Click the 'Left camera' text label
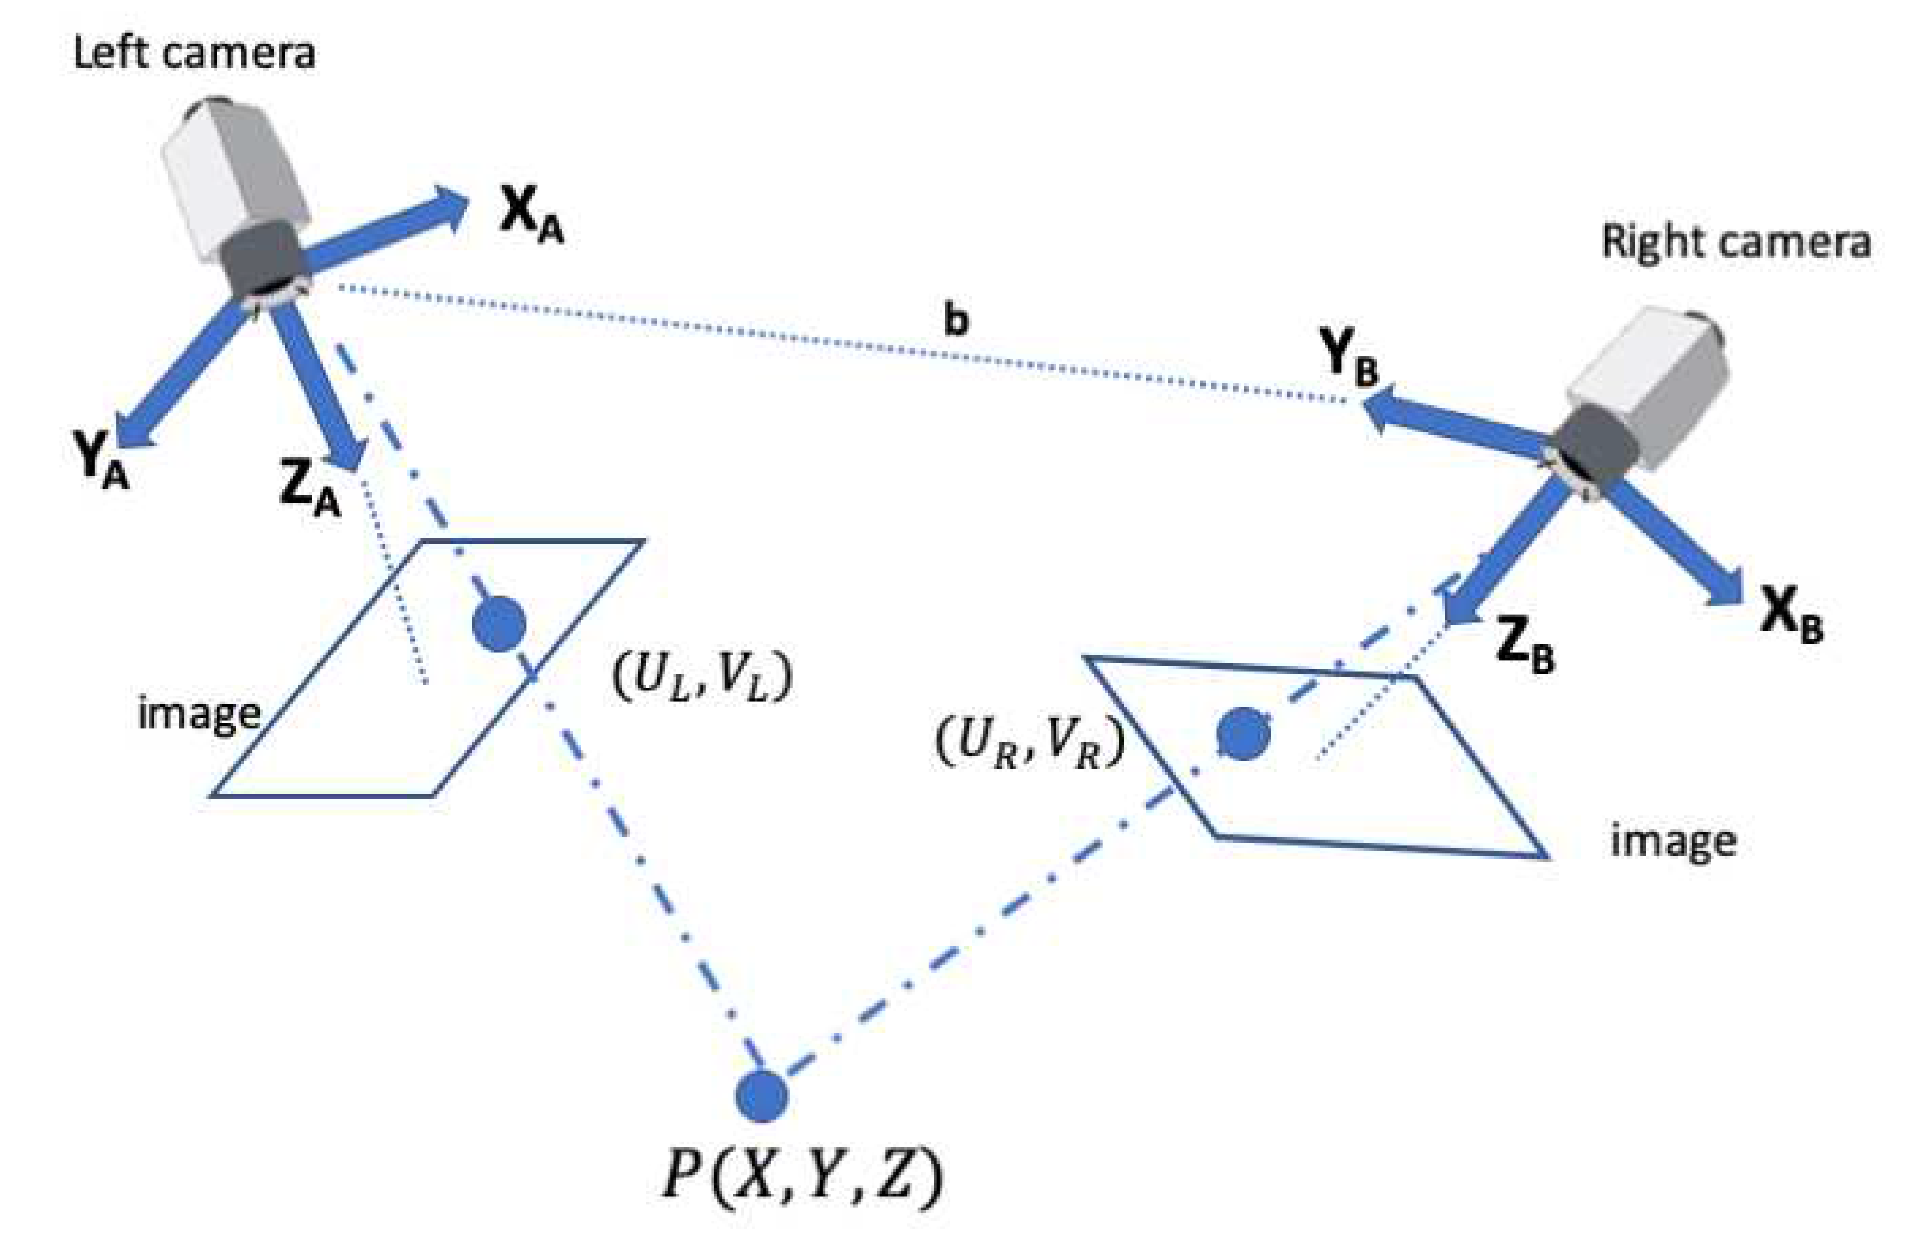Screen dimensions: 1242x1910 click(193, 53)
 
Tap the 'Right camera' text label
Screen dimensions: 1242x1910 click(1736, 241)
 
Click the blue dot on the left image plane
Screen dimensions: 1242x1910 click(499, 622)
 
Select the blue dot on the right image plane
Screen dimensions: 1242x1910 click(1243, 733)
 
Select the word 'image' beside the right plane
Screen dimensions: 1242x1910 click(1673, 842)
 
